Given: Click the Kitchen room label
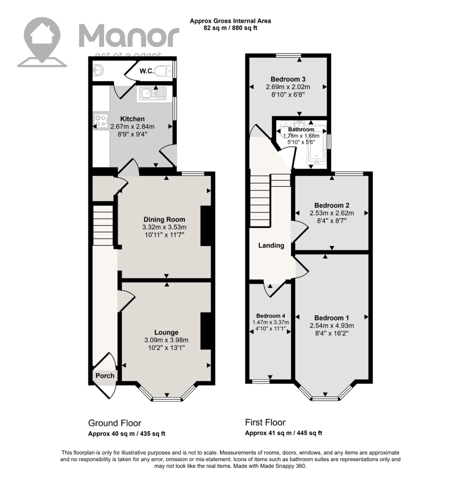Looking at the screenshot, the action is click(x=132, y=119).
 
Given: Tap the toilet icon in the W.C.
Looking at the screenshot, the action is click(x=164, y=71).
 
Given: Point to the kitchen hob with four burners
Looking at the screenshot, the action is click(x=101, y=120).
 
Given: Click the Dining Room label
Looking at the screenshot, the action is click(x=164, y=219).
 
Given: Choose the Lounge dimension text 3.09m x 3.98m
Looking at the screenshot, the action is click(x=166, y=340).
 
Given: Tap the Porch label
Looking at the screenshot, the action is click(x=105, y=376).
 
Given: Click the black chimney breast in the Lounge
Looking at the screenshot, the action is click(x=206, y=331).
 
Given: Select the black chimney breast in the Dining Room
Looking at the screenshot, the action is click(x=206, y=226).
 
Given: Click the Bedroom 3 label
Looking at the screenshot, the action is click(x=288, y=79).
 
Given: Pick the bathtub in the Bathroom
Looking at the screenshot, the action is click(x=317, y=144).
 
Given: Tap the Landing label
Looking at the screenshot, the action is click(x=271, y=245).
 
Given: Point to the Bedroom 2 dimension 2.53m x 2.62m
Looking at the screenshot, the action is click(x=332, y=213).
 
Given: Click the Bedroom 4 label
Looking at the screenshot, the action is click(x=270, y=316).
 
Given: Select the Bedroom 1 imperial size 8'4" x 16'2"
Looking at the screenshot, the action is click(x=332, y=333).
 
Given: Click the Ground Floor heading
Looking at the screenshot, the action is click(x=115, y=423).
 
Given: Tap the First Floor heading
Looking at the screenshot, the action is click(x=266, y=423).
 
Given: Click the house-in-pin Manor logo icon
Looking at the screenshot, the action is click(x=42, y=42).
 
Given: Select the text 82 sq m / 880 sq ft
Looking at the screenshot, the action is click(x=230, y=28).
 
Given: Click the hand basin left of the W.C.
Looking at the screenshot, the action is click(x=98, y=70).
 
